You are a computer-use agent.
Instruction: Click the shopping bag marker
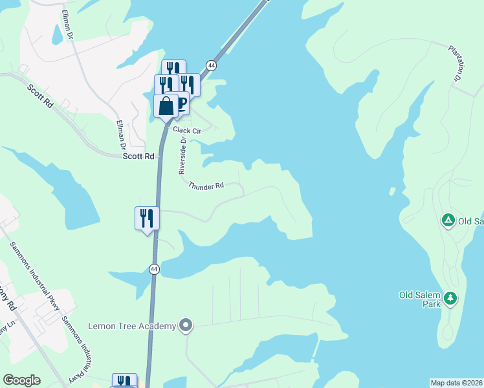tap(166, 106)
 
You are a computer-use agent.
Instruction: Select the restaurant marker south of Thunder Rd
tap(147, 218)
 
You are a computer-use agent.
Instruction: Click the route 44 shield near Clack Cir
tap(211, 65)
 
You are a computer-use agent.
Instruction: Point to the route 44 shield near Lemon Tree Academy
tap(153, 269)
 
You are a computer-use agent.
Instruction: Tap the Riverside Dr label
tap(182, 155)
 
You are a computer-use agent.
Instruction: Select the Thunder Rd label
tap(206, 186)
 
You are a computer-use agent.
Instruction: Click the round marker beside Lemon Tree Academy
tap(186, 325)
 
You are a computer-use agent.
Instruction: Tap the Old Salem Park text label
tap(419, 296)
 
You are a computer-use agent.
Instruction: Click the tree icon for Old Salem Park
tap(450, 299)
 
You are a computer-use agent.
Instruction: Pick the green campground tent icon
tap(447, 221)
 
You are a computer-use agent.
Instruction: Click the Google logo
tap(21, 380)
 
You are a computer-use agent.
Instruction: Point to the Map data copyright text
tap(457, 382)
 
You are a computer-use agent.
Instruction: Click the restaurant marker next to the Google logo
tap(124, 381)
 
